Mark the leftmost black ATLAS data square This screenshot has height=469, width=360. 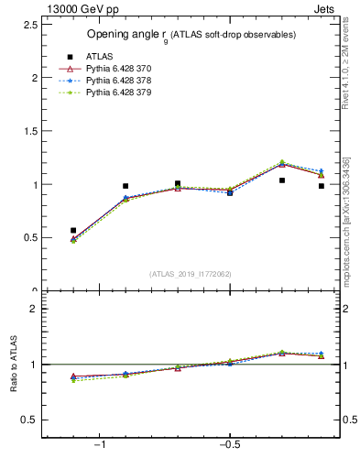[x=73, y=230]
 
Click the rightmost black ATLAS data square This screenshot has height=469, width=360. [x=322, y=186]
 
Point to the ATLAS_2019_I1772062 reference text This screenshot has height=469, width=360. [x=191, y=274]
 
